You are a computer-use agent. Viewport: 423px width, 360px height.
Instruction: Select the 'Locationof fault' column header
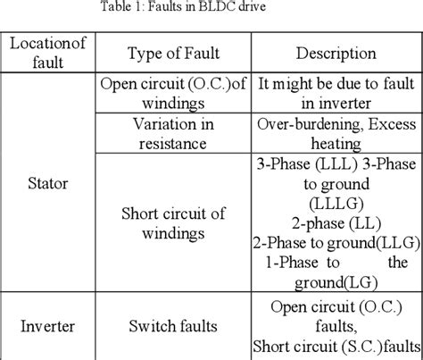(x=44, y=51)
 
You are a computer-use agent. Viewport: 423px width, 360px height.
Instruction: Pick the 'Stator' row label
(x=45, y=187)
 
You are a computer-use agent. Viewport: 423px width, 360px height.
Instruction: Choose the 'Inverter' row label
(x=44, y=327)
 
